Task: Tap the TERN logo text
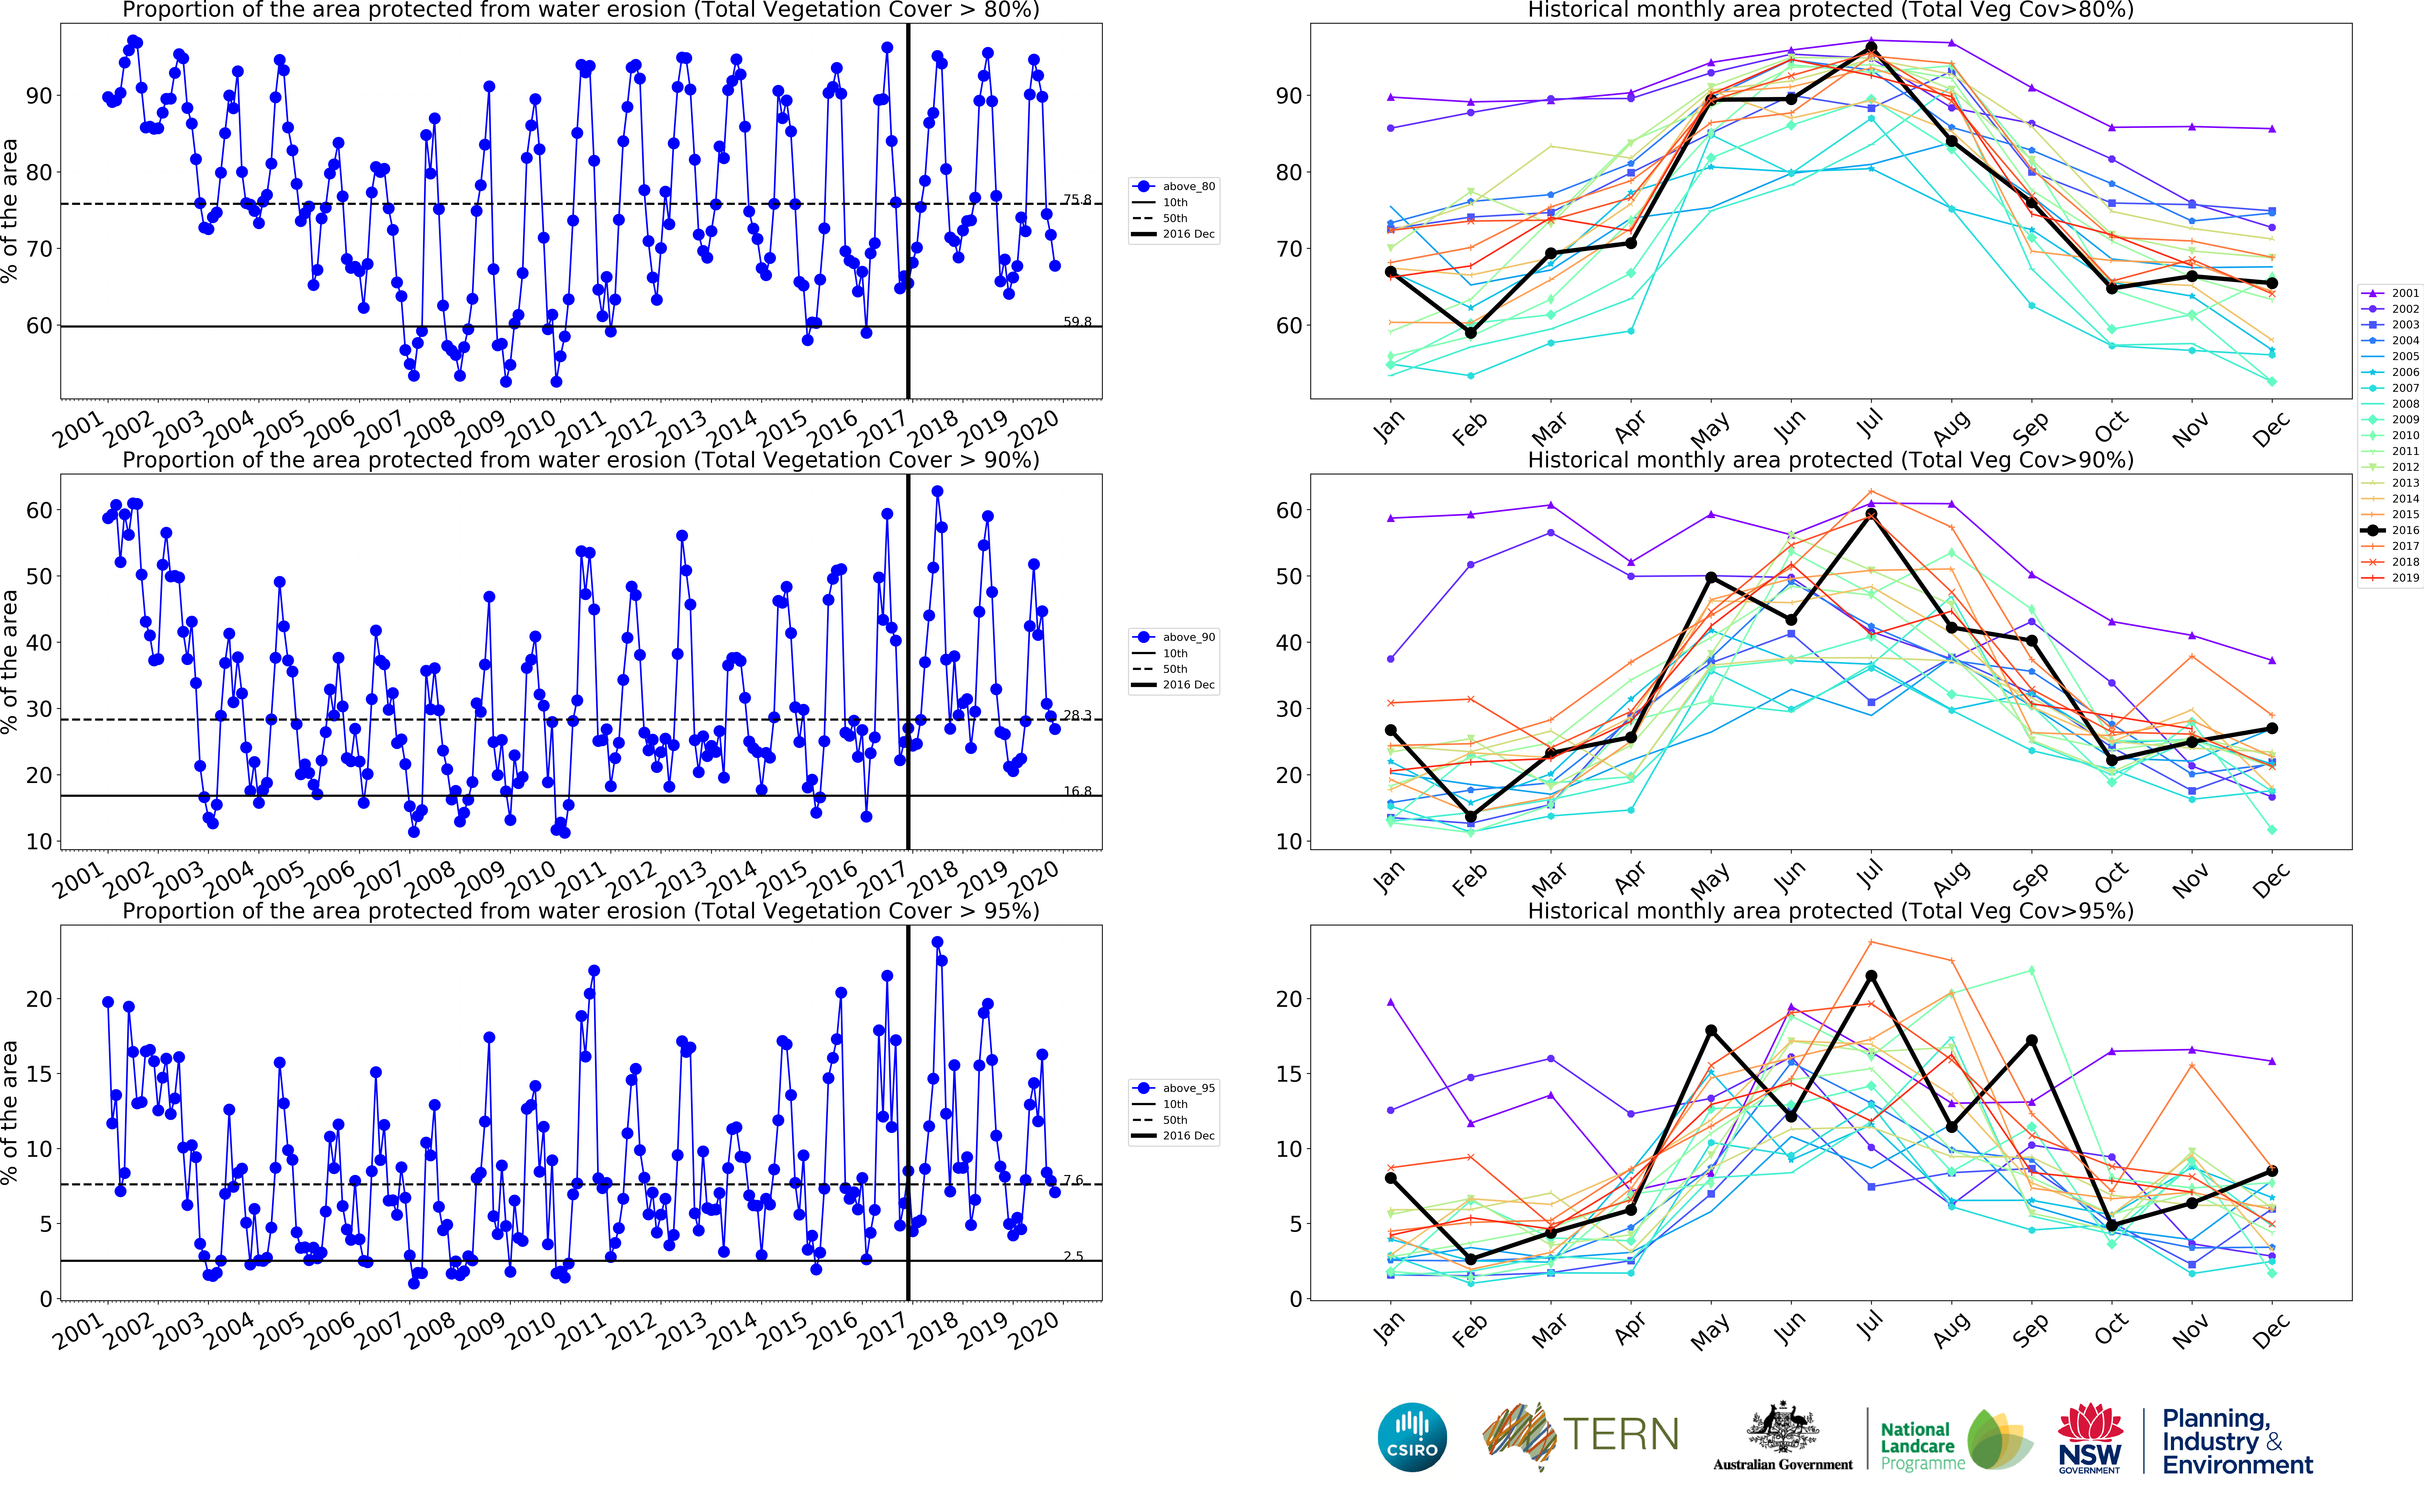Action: tap(1621, 1435)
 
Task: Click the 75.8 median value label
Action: tap(1076, 200)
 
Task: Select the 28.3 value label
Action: tap(1076, 715)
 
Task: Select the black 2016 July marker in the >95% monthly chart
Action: tap(1871, 976)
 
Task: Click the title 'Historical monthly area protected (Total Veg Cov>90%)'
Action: tap(1830, 460)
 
